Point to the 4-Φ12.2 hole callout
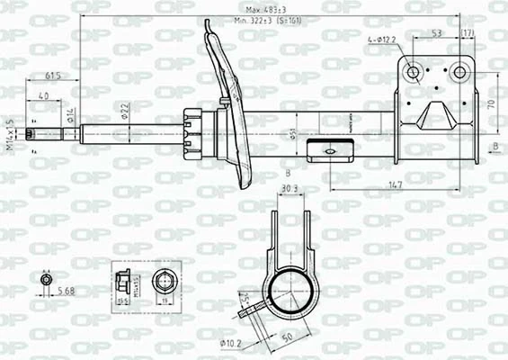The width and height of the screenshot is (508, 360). click(382, 40)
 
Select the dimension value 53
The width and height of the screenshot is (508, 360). click(436, 32)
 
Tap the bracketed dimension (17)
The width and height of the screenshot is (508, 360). click(468, 32)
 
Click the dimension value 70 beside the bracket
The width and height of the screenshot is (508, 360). click(490, 104)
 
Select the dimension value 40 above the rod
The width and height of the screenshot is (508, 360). click(42, 96)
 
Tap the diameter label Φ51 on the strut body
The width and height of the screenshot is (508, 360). click(293, 134)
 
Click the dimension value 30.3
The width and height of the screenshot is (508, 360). click(290, 188)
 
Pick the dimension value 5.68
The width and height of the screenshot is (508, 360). click(66, 290)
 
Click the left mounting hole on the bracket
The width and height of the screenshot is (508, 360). click(414, 72)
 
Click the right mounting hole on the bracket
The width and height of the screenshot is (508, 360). click(459, 72)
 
